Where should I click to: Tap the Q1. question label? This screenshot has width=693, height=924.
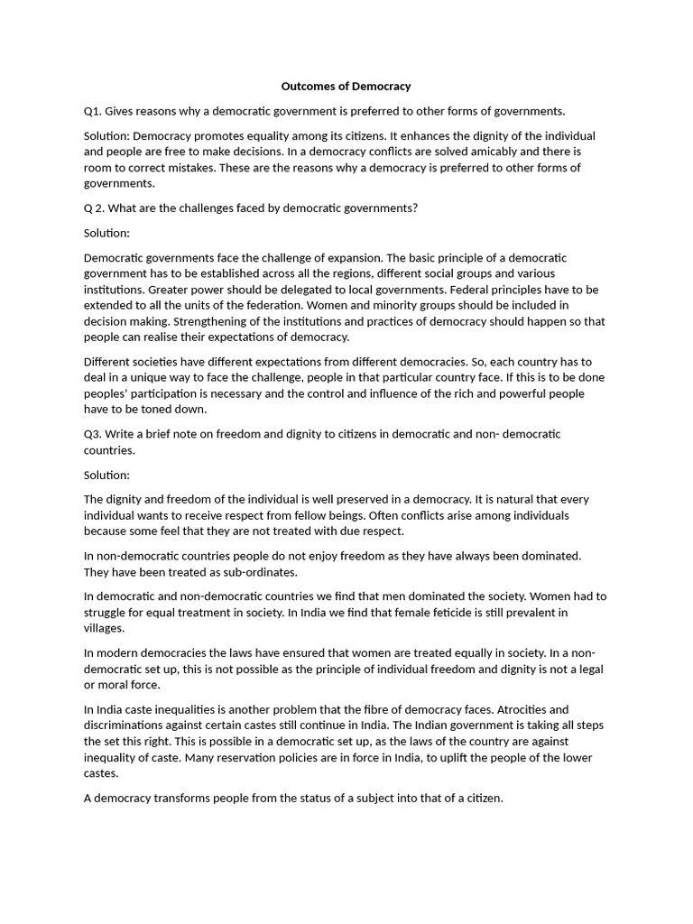[x=92, y=111]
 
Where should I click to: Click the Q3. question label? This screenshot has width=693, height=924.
[x=92, y=434]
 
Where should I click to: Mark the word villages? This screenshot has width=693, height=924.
[x=105, y=629]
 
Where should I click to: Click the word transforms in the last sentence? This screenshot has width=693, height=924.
[x=187, y=799]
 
